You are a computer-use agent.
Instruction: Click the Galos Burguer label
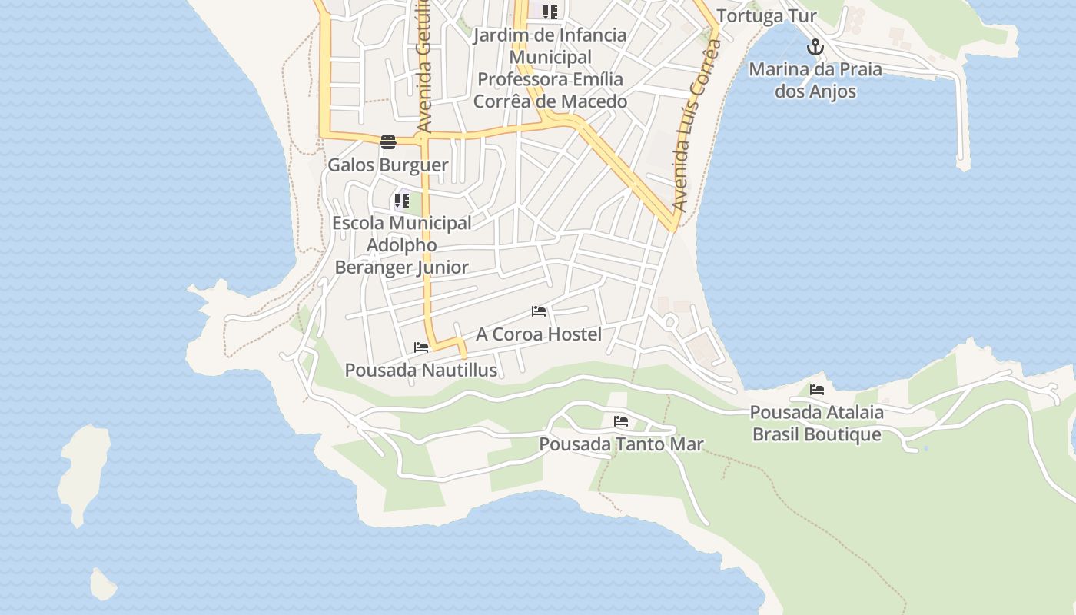tap(388, 165)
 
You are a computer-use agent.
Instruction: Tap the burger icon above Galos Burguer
tap(387, 141)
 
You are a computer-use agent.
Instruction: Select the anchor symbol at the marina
tap(815, 48)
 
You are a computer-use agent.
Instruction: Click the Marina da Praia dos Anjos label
tap(815, 80)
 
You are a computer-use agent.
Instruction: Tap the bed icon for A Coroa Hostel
tap(539, 311)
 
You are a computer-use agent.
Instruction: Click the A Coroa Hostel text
tap(539, 334)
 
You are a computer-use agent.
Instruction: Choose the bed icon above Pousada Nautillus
tap(421, 347)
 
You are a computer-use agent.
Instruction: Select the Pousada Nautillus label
tap(421, 371)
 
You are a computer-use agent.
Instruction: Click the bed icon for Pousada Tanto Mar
tap(621, 421)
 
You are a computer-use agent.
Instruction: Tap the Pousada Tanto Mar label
tap(621, 444)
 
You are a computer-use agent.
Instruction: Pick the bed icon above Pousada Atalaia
tap(817, 390)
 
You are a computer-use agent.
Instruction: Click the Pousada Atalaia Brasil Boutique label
tap(817, 424)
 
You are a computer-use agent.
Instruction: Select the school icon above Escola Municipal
tap(401, 201)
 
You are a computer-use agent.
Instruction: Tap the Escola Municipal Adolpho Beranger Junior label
tap(402, 245)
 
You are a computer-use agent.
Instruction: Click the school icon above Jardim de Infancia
tap(550, 12)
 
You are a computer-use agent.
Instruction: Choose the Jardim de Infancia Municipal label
tap(550, 68)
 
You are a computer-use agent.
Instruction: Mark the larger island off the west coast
tap(84, 473)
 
